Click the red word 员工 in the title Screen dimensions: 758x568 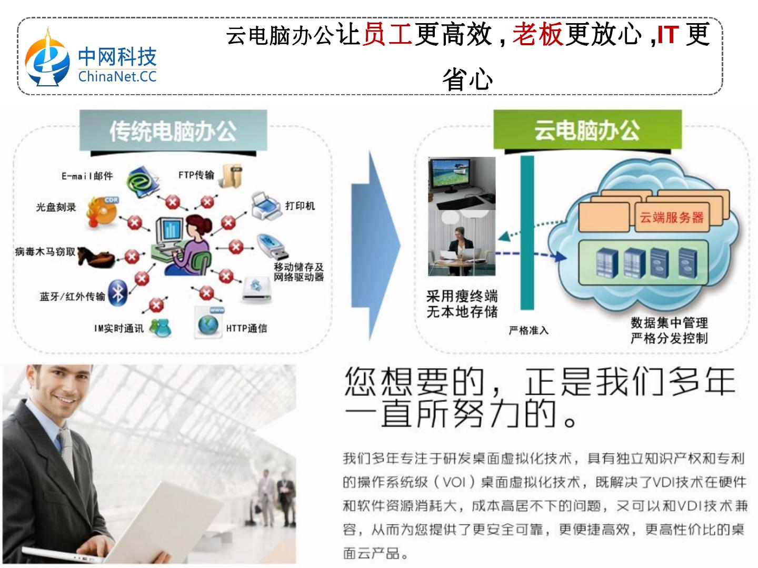click(387, 35)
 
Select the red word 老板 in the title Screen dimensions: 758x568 click(537, 35)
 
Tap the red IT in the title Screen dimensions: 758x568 click(667, 35)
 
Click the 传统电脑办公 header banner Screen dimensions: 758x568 click(173, 131)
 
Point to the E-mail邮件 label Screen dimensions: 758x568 click(87, 176)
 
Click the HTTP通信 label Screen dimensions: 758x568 click(246, 328)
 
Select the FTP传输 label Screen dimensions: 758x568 click(196, 175)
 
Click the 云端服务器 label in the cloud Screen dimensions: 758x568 click(671, 217)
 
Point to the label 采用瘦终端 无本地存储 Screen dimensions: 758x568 click(462, 304)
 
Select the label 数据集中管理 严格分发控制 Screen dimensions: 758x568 click(669, 330)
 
